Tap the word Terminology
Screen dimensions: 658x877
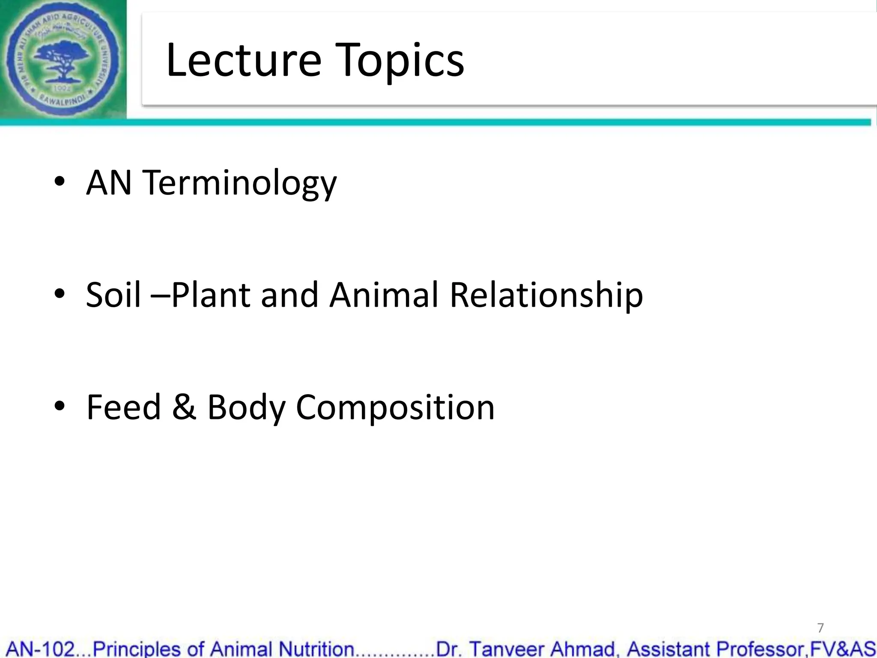point(240,183)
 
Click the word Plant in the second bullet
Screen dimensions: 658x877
point(211,296)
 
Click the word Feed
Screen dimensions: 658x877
point(123,407)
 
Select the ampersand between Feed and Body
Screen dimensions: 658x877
point(184,407)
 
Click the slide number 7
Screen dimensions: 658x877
point(820,628)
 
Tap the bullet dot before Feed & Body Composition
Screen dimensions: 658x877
point(60,406)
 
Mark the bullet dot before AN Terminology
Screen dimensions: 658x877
point(60,182)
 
